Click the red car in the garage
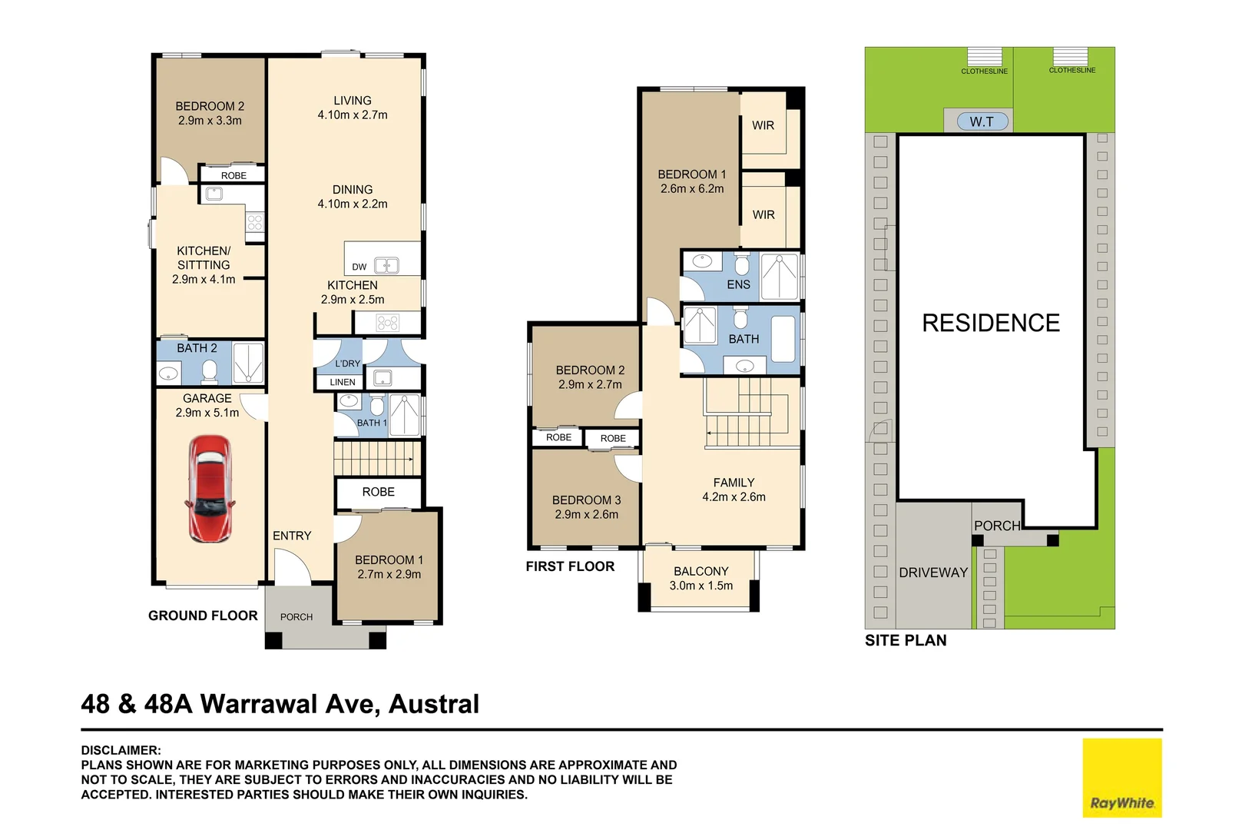(209, 489)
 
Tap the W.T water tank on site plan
(981, 121)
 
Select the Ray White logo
(1121, 778)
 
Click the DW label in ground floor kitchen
(359, 267)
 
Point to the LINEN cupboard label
(343, 382)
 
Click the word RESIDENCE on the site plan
(990, 323)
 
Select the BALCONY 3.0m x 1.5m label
(700, 578)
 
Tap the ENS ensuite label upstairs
(738, 284)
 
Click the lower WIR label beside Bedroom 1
(763, 214)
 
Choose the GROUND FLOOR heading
(203, 616)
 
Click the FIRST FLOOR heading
(570, 566)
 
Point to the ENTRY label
(292, 536)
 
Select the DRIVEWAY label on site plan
(932, 573)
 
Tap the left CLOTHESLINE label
(984, 71)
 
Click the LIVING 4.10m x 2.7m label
(353, 108)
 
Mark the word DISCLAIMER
(121, 750)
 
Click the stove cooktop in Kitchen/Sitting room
(255, 223)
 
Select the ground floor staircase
(376, 458)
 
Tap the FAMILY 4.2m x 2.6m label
(734, 490)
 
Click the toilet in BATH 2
(210, 372)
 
